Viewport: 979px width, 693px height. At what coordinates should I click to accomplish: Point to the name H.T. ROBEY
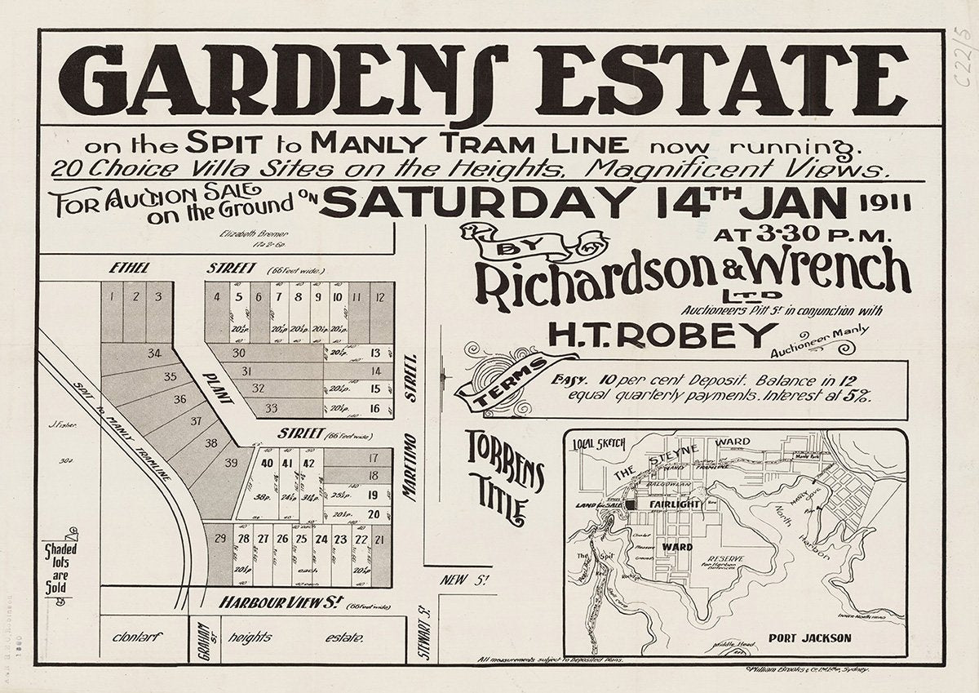tap(662, 334)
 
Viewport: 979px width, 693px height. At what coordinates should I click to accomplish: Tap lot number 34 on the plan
tap(154, 353)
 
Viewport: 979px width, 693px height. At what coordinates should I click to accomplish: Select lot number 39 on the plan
tap(231, 463)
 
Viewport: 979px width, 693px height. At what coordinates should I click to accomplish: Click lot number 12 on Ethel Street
tap(379, 297)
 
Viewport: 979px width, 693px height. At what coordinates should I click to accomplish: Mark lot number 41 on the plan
tap(286, 463)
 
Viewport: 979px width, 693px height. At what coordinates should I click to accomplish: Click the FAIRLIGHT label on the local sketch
tap(676, 505)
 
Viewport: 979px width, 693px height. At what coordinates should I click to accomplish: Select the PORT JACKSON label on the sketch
tap(809, 637)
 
